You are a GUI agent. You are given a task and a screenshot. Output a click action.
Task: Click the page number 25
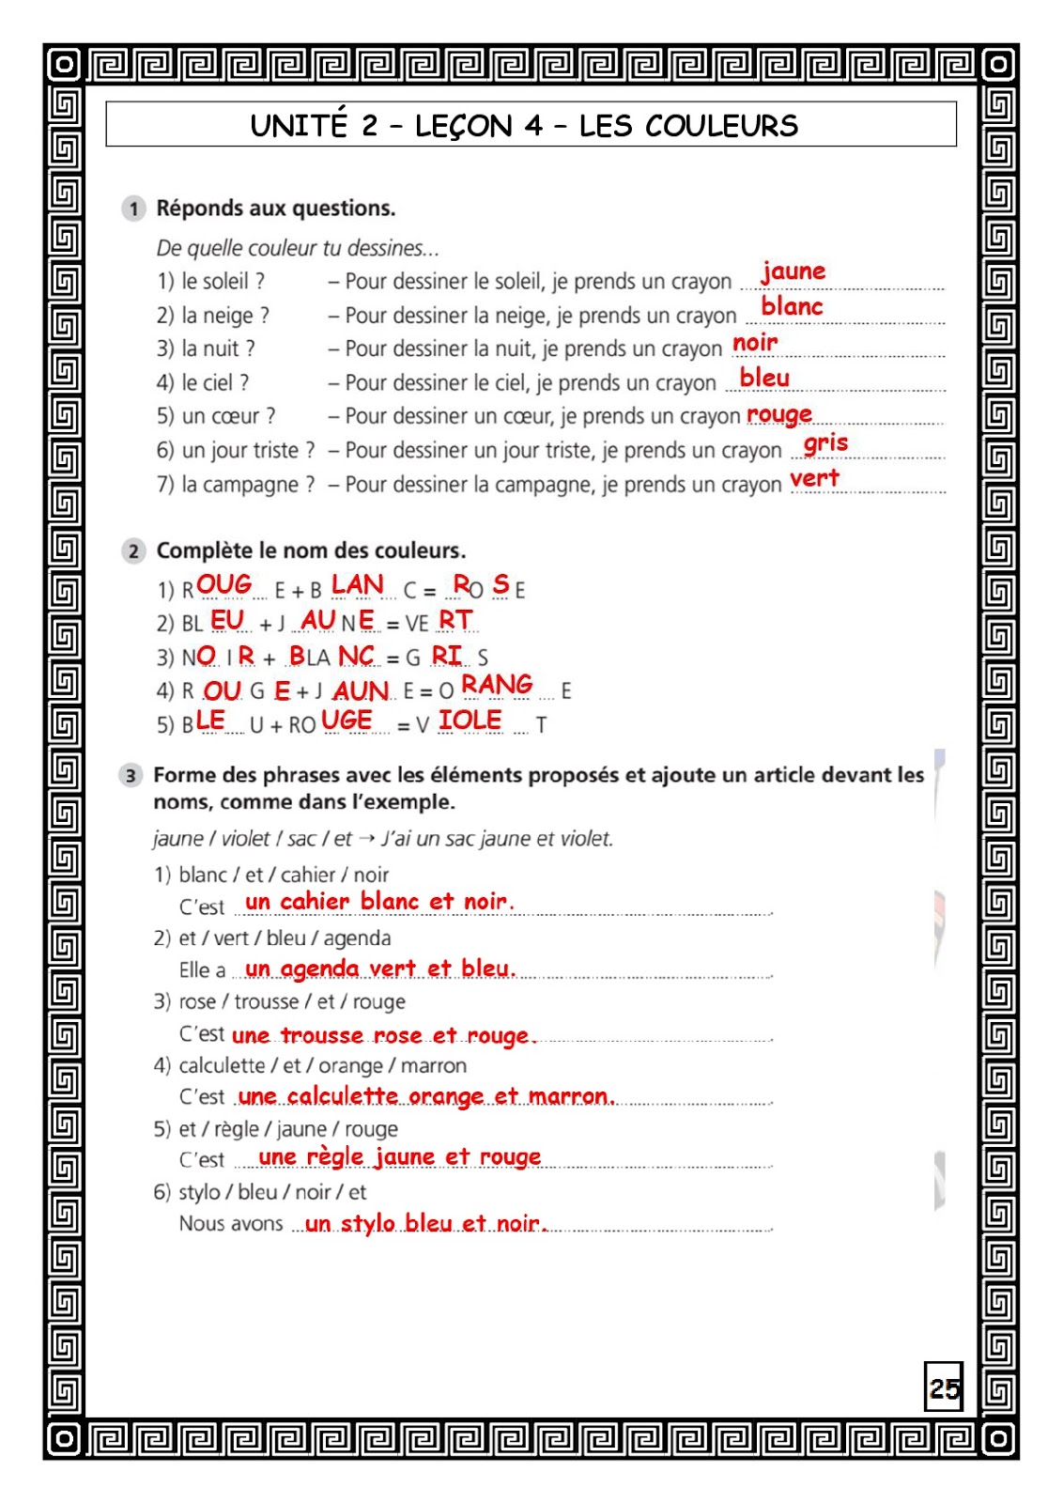pyautogui.click(x=944, y=1387)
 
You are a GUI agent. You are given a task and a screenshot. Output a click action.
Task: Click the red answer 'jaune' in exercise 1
pyautogui.click(x=793, y=271)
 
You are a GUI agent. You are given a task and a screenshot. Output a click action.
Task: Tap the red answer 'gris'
pyautogui.click(x=825, y=442)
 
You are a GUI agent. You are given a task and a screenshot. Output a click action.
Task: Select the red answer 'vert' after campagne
pyautogui.click(x=814, y=478)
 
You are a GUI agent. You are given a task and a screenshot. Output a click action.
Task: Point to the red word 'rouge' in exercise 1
pyautogui.click(x=778, y=414)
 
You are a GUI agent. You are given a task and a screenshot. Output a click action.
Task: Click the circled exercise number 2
pyautogui.click(x=133, y=551)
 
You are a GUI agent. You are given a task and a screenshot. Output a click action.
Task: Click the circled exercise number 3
pyautogui.click(x=131, y=776)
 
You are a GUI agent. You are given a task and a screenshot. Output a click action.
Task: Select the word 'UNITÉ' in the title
pyautogui.click(x=299, y=126)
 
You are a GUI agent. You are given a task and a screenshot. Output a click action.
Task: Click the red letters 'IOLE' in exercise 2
pyautogui.click(x=470, y=721)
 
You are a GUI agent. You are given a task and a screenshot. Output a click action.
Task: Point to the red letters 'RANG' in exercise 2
pyautogui.click(x=497, y=685)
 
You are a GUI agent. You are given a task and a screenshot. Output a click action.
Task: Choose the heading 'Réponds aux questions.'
pyautogui.click(x=275, y=209)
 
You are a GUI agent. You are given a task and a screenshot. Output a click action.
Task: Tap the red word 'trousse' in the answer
pyautogui.click(x=321, y=1035)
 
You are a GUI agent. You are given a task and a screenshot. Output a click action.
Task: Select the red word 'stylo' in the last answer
pyautogui.click(x=368, y=1223)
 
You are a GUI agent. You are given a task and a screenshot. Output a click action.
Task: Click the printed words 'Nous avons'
pyautogui.click(x=231, y=1224)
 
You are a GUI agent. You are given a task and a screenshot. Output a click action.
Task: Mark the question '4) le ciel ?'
pyautogui.click(x=203, y=383)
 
